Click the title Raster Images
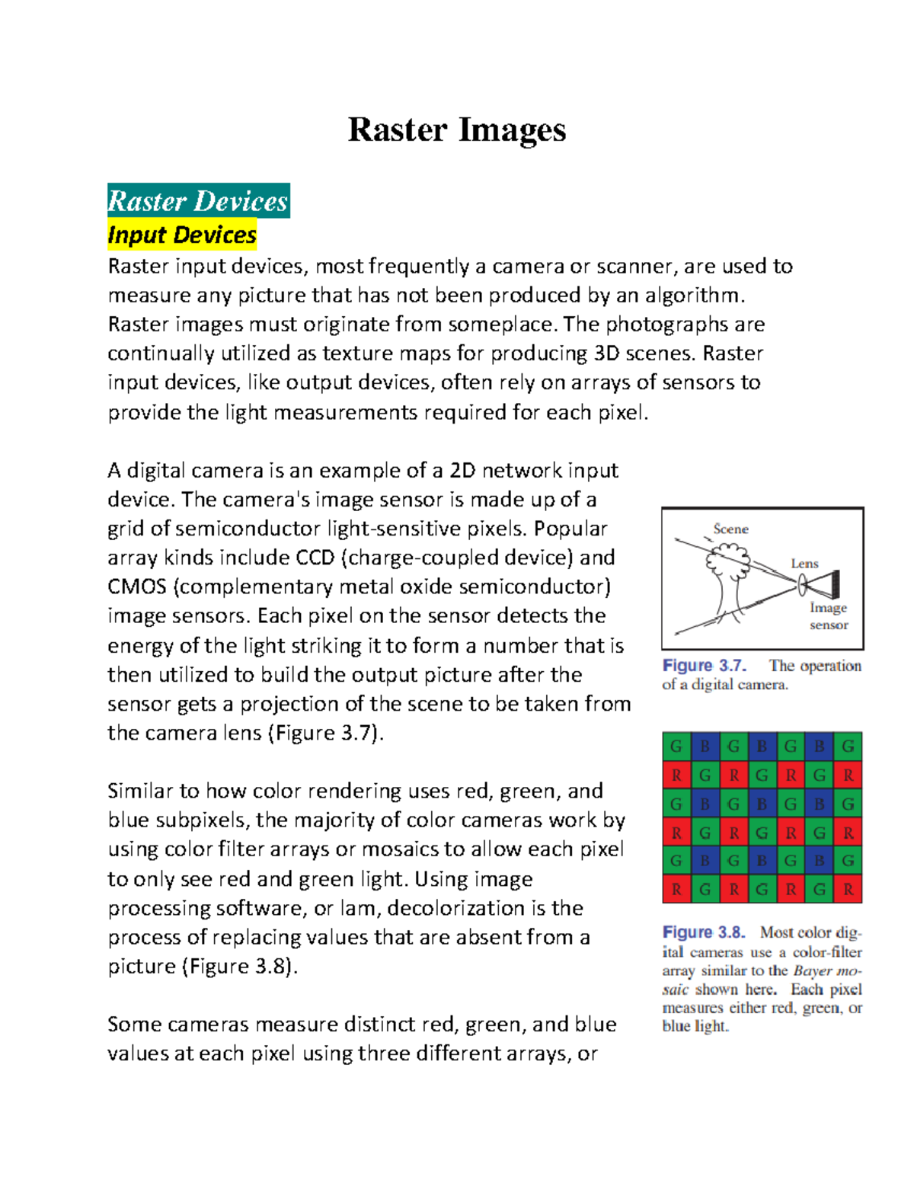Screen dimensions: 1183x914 pyautogui.click(x=456, y=129)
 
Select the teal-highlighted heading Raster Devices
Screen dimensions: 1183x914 pyautogui.click(x=198, y=201)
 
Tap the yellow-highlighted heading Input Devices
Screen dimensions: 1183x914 pyautogui.click(x=182, y=235)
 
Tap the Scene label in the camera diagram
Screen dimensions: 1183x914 pyautogui.click(x=730, y=529)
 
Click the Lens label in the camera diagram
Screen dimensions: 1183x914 pyautogui.click(x=804, y=564)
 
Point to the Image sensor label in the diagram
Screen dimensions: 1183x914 pyautogui.click(x=829, y=616)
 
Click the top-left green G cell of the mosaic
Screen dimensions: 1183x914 pyautogui.click(x=676, y=747)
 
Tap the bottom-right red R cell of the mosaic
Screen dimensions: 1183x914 pyautogui.click(x=848, y=889)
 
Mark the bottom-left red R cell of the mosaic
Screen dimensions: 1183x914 pyautogui.click(x=676, y=889)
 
